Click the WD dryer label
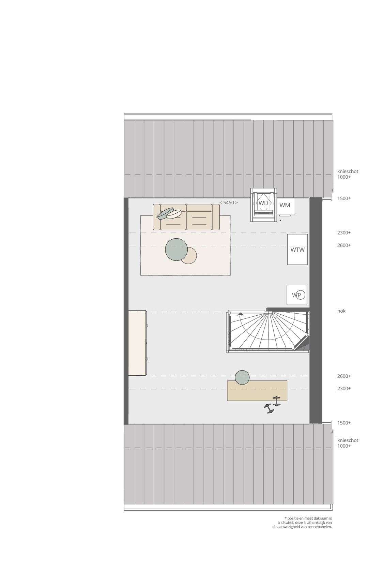click(x=263, y=203)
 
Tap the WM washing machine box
click(x=285, y=206)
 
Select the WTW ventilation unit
click(x=297, y=249)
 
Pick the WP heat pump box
click(x=297, y=295)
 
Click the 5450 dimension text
click(x=229, y=202)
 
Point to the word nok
click(x=341, y=311)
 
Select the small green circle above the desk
click(x=242, y=377)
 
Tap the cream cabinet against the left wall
click(x=137, y=343)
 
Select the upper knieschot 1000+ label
click(x=347, y=174)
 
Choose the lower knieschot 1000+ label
click(x=347, y=443)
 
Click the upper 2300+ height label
click(x=344, y=233)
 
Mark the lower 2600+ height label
click(x=344, y=376)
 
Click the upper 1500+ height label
click(x=344, y=198)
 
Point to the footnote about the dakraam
click(x=303, y=522)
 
